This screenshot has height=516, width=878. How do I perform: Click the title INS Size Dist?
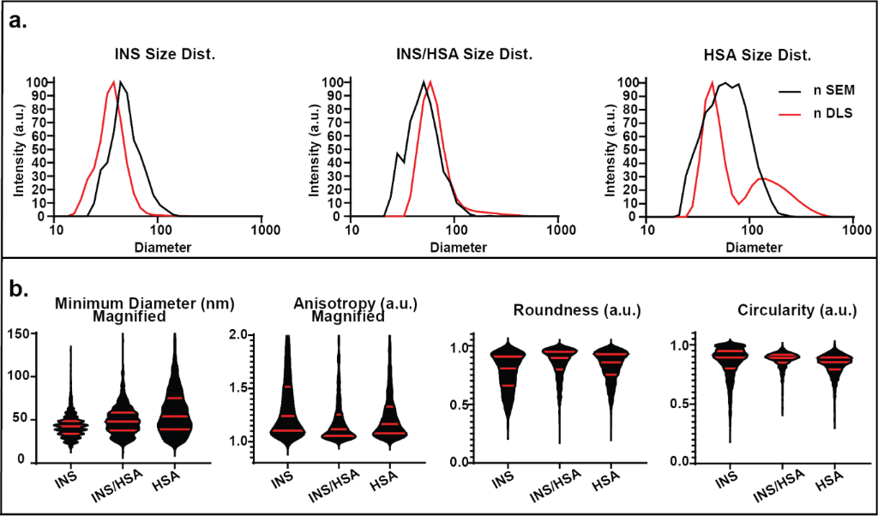(165, 54)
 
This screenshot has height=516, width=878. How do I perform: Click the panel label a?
(18, 21)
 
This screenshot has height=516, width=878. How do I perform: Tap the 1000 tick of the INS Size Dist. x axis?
(262, 231)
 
